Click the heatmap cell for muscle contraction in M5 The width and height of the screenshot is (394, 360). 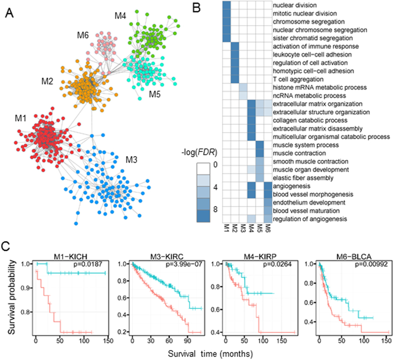click(259, 153)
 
